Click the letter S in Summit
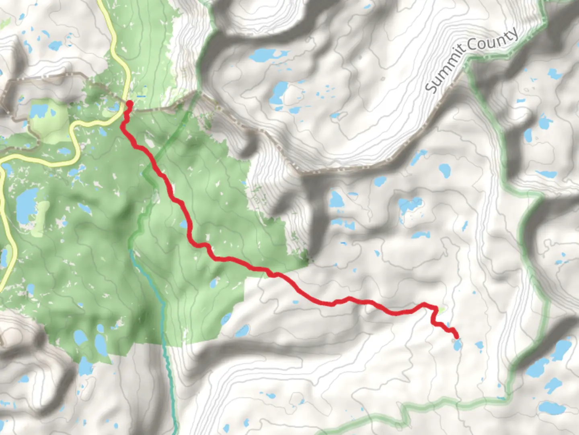(431, 87)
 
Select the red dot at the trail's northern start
(129, 104)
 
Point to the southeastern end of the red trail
(456, 336)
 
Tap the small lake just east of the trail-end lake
(478, 345)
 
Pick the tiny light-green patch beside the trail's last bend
(441, 310)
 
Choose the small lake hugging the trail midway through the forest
(184, 224)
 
